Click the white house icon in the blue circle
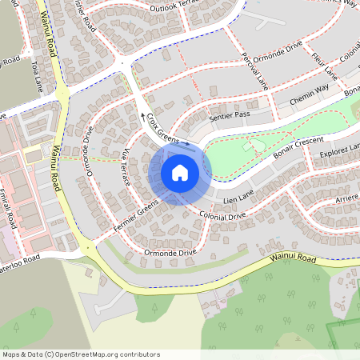pos(180,172)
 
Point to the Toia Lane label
pos(35,78)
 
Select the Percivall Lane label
pos(254,70)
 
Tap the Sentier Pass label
pos(230,117)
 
